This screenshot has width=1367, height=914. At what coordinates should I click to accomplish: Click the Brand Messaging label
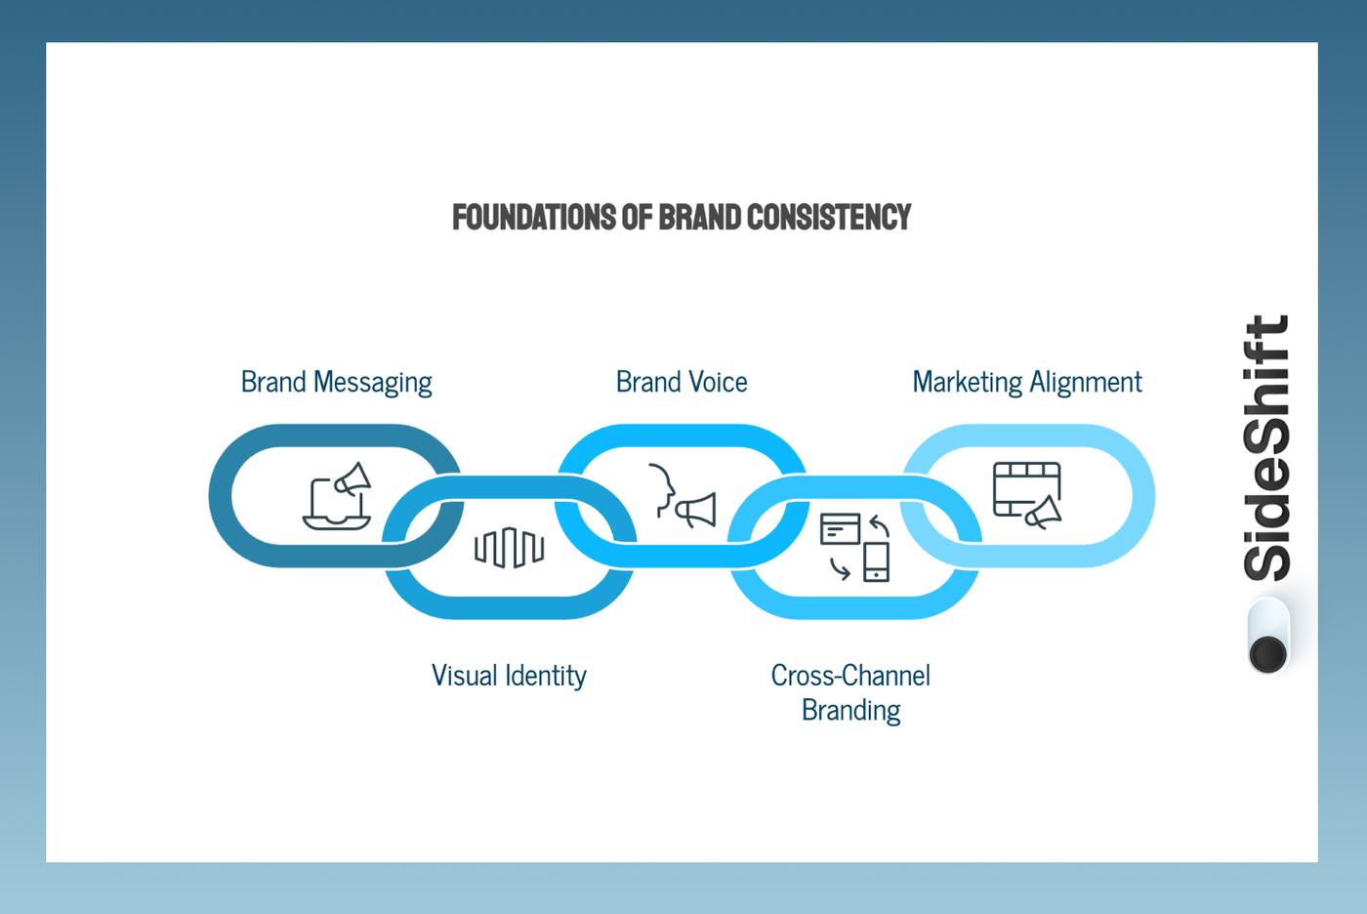click(336, 382)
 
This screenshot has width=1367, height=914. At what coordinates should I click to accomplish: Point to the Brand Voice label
click(682, 382)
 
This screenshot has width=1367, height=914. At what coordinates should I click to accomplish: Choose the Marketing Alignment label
click(1026, 382)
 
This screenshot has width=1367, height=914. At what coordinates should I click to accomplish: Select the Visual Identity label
click(509, 676)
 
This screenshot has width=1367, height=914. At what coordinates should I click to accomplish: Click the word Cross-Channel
click(850, 676)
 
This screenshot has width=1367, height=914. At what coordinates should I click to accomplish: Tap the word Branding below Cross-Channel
click(850, 710)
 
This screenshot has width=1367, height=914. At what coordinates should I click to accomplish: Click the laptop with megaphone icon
click(337, 496)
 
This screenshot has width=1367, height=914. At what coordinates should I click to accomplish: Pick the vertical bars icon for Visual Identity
click(509, 548)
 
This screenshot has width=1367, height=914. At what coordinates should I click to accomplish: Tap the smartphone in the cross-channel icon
click(876, 562)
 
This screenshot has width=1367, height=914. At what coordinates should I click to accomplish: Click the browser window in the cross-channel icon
click(840, 529)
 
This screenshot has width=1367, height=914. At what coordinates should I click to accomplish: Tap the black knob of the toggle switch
click(1268, 653)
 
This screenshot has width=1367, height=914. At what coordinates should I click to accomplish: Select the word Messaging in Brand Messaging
click(372, 382)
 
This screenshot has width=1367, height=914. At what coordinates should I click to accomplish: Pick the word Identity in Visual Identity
click(548, 676)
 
